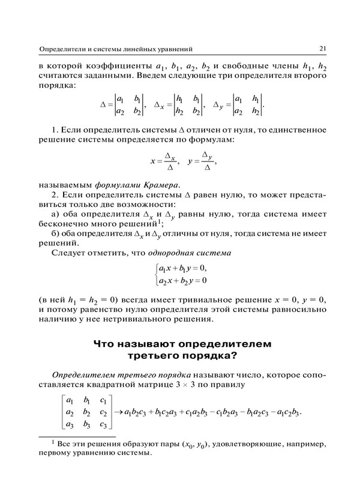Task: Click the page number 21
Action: tap(322, 48)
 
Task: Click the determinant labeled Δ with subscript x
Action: tap(179, 104)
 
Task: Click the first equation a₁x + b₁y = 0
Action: tap(182, 268)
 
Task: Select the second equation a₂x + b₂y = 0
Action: tap(182, 280)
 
